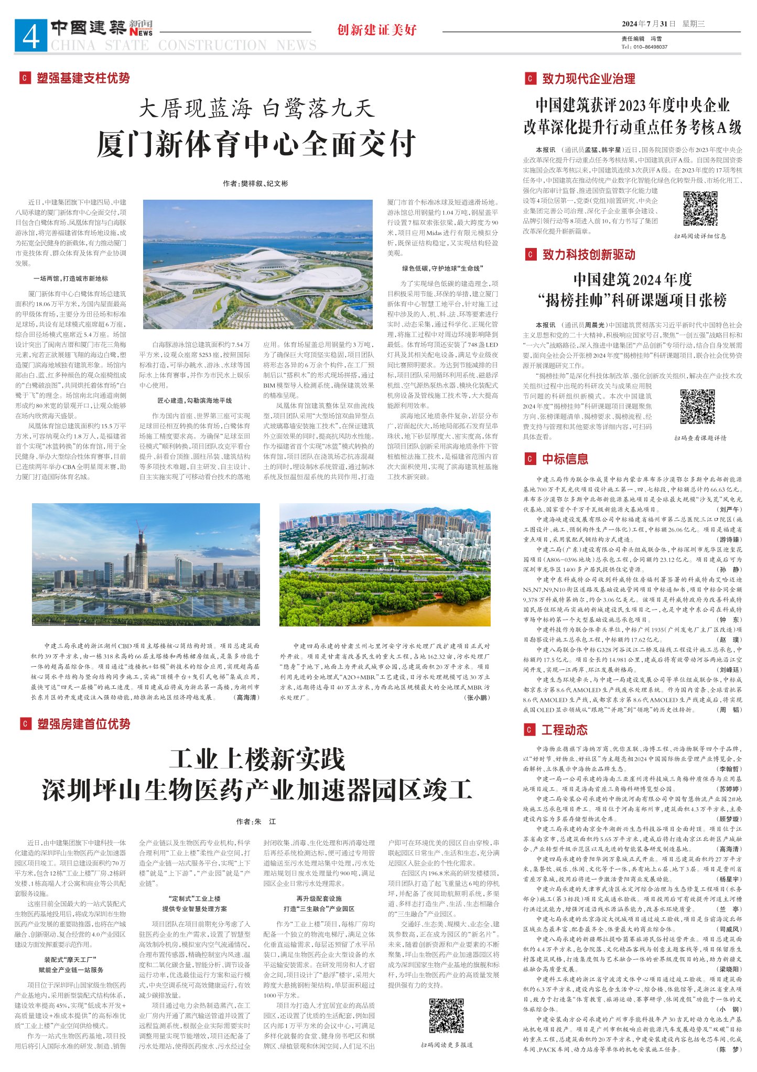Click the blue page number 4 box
[x=31, y=36]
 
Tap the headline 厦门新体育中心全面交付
[x=256, y=144]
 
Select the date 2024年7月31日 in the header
[x=648, y=24]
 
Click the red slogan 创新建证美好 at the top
[x=377, y=30]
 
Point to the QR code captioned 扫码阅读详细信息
[x=700, y=209]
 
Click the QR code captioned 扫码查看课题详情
[x=698, y=406]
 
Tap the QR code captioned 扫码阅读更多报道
[x=447, y=1015]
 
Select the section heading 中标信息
[x=565, y=459]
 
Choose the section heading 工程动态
[x=564, y=730]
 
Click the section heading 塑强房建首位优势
[x=83, y=724]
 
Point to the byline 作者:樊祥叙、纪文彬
[x=255, y=183]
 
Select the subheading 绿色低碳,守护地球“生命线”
[x=442, y=268]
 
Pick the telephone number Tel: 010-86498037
[x=644, y=47]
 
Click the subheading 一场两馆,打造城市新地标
[x=70, y=278]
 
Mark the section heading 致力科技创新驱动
[x=588, y=255]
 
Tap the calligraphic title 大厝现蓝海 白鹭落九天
[x=256, y=109]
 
